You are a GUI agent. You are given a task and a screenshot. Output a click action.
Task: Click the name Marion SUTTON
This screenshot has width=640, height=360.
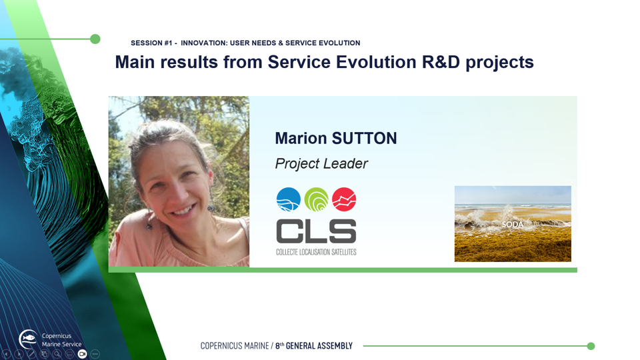coord(335,139)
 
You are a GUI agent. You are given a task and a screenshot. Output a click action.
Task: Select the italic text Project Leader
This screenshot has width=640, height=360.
coord(321,164)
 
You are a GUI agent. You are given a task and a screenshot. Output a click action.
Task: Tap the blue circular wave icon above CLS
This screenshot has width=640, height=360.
coord(289,199)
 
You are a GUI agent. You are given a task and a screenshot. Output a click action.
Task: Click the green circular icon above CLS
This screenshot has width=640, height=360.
coord(316,199)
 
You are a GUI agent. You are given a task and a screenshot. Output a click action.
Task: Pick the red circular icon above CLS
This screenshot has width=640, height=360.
coord(344,199)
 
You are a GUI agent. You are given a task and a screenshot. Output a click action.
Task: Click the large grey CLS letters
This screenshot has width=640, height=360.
coord(316,231)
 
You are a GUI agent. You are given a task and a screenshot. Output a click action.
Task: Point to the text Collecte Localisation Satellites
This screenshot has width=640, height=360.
coord(316,252)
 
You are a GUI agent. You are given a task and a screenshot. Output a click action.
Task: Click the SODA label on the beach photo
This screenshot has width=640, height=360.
coord(512,225)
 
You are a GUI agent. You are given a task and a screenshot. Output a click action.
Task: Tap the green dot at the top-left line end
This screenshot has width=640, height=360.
coord(95,39)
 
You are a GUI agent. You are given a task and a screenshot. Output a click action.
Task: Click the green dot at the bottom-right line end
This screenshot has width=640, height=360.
coord(591,346)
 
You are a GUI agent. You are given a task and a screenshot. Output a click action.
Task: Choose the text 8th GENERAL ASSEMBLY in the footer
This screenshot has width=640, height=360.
coord(313,346)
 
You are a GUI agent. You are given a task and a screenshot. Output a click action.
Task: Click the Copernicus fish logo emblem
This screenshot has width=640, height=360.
coord(28,339)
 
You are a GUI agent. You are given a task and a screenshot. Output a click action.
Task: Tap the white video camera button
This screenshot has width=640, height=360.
coord(83,354)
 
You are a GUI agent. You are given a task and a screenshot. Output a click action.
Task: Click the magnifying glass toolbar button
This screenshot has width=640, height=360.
coord(57,354)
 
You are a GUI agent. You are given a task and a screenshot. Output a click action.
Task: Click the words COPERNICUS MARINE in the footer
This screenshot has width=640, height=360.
coord(235,346)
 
